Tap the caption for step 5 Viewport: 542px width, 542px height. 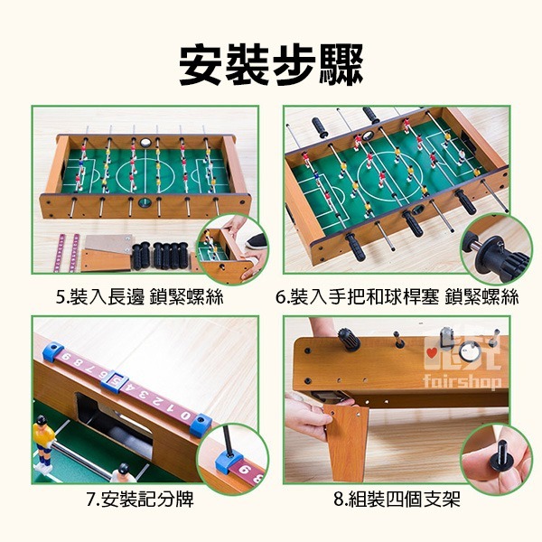[x=145, y=297]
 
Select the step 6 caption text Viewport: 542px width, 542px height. [x=397, y=297]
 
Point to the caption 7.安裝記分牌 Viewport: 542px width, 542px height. [x=145, y=500]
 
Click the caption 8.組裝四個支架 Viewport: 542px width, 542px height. [x=397, y=500]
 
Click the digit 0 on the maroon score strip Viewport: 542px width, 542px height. [x=183, y=411]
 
